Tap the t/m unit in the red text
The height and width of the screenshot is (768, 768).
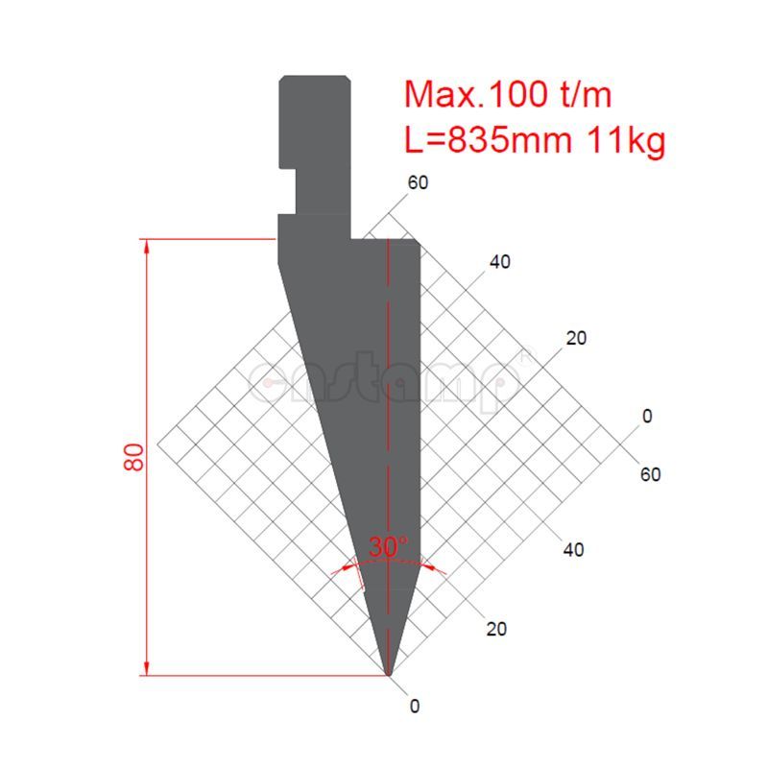pos(583,95)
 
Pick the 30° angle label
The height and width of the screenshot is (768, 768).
pos(388,547)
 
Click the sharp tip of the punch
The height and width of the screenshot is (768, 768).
pos(389,674)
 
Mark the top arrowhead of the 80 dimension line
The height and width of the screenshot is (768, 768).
pos(147,246)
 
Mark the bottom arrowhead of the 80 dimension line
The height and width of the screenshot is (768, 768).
pos(147,668)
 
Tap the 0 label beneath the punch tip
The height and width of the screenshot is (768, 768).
pos(414,707)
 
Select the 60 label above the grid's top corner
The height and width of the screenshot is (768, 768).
pos(418,183)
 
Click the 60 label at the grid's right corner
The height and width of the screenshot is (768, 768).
pos(650,474)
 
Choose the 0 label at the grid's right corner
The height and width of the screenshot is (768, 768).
pos(647,416)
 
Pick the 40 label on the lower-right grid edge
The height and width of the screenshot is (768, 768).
pos(573,550)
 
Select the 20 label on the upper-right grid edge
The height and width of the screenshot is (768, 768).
pos(576,338)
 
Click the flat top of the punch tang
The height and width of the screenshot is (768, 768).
pos(314,77)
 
